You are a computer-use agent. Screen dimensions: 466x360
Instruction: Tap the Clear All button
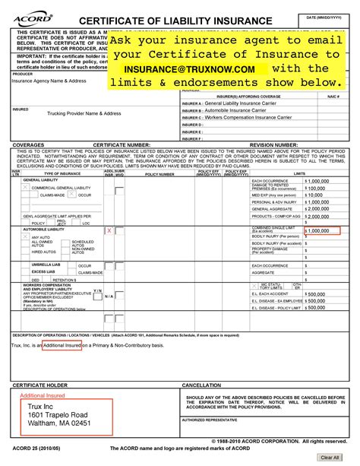coord(330,457)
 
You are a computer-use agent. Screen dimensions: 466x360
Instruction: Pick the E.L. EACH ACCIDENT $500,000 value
coord(316,293)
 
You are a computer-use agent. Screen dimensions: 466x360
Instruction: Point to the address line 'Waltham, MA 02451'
coord(54,423)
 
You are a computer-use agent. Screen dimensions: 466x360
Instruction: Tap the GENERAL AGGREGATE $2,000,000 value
coord(317,208)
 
